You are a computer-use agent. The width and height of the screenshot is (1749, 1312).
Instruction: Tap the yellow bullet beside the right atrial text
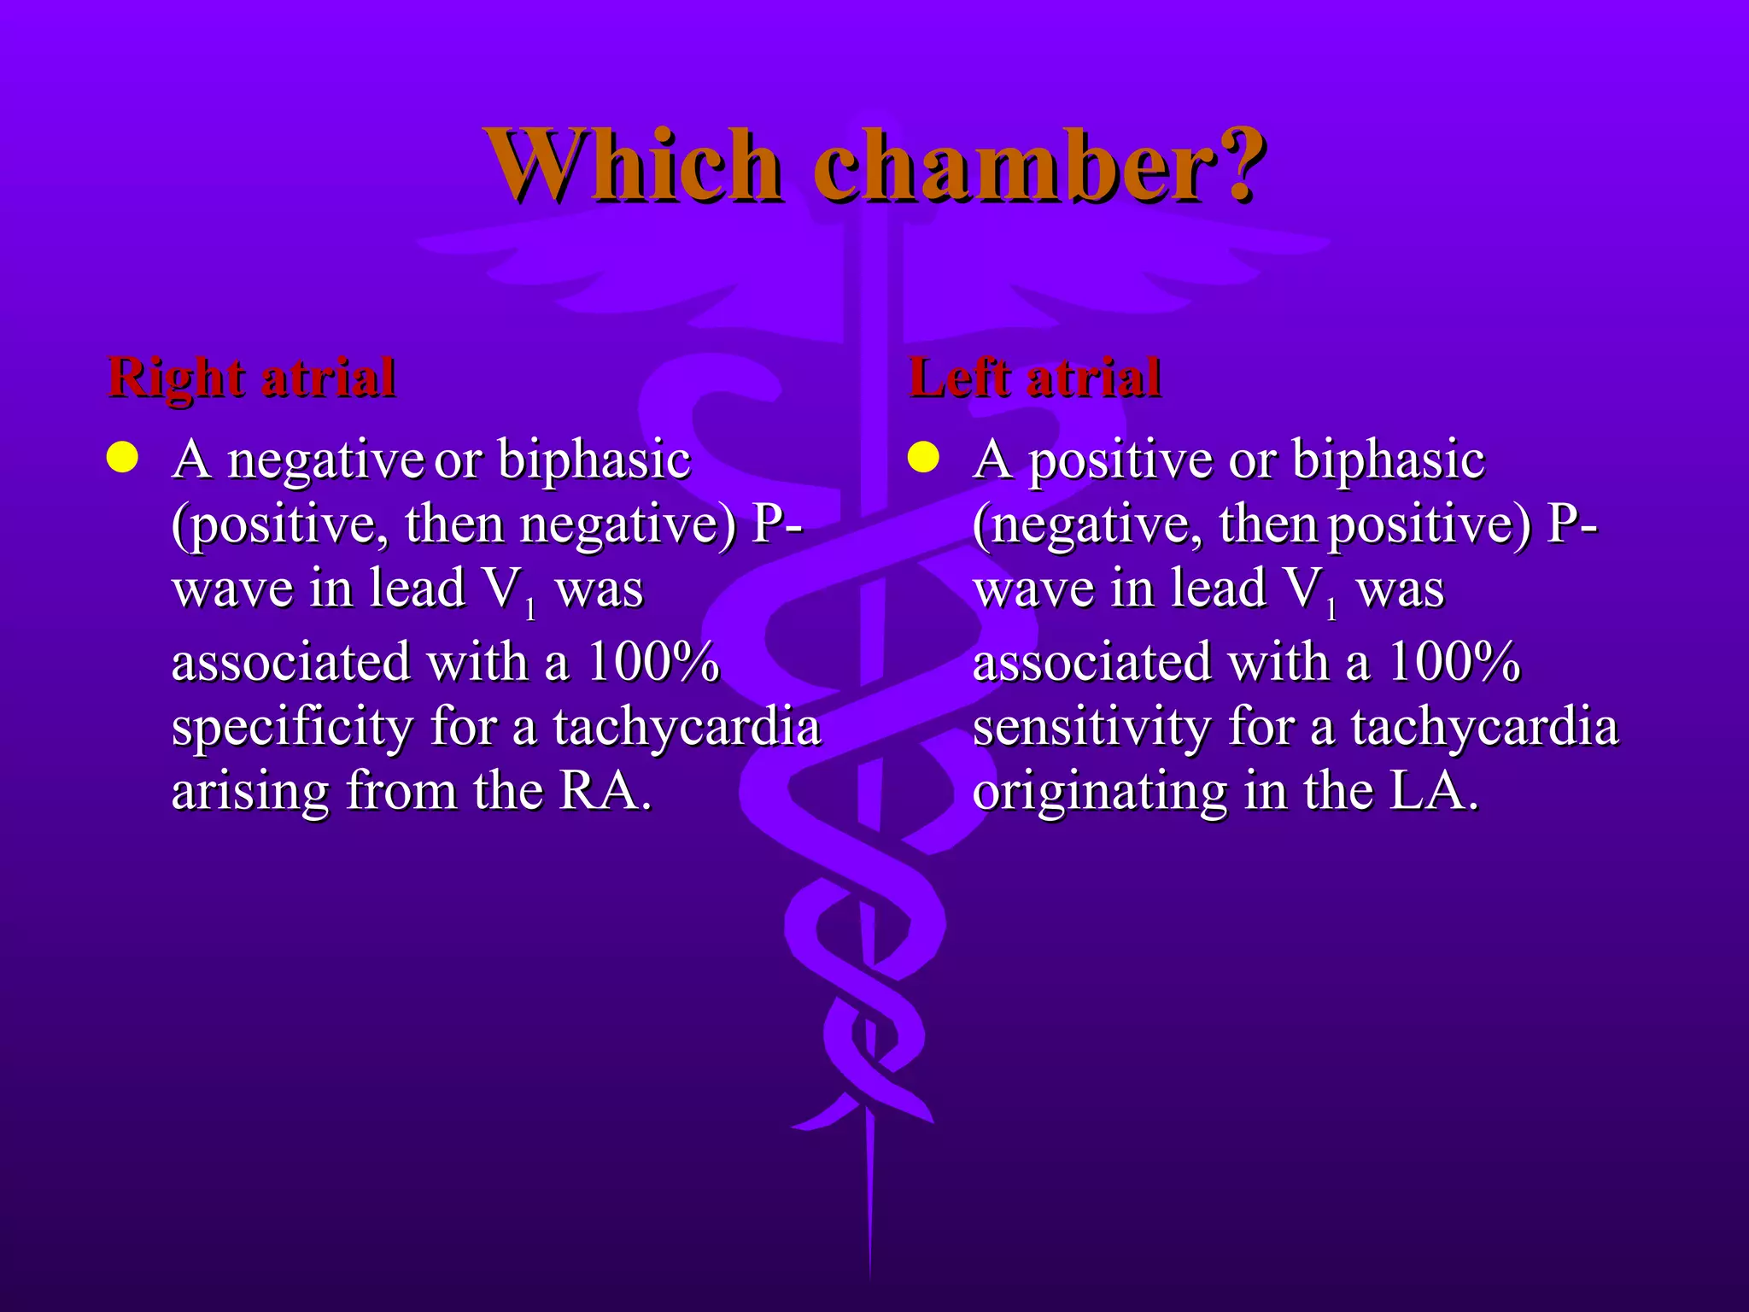(x=122, y=458)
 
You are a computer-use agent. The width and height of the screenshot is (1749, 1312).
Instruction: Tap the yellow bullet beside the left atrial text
(x=923, y=458)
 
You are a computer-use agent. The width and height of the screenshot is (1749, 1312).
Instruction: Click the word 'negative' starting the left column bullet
(x=325, y=461)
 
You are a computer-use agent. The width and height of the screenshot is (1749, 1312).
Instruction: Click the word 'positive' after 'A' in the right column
(x=1120, y=461)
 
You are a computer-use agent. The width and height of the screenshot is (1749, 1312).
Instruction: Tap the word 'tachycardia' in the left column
(x=687, y=728)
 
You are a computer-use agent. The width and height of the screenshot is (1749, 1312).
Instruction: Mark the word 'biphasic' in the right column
(x=1388, y=461)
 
